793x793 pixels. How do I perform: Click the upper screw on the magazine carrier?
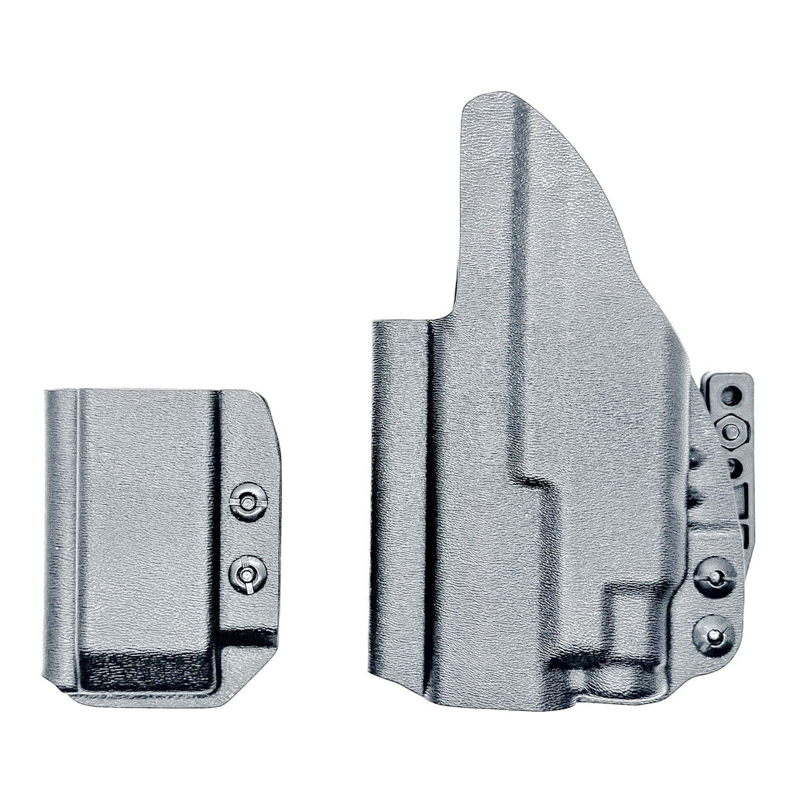point(248,503)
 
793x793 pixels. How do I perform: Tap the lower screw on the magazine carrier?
point(248,575)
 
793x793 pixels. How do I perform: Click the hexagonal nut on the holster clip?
point(731,430)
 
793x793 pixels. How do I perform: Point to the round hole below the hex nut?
point(733,467)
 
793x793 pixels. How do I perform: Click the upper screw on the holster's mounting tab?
point(715,576)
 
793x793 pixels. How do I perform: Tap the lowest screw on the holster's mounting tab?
point(715,636)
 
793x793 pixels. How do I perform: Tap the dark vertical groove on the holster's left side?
point(428,503)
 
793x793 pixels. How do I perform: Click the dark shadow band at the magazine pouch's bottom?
point(147,669)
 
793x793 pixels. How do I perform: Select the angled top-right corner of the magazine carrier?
point(268,407)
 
